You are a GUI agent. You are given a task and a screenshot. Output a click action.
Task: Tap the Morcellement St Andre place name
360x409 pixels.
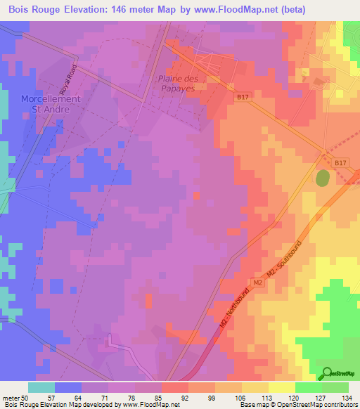(50, 104)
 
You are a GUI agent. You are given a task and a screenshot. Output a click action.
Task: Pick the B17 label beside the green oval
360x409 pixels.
(340, 162)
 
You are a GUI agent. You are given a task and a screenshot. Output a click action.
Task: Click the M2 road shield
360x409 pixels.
(257, 283)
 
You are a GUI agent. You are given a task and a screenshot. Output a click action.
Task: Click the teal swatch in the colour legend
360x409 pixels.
(41, 388)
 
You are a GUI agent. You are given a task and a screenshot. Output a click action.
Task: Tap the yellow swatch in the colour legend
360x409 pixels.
(282, 388)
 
